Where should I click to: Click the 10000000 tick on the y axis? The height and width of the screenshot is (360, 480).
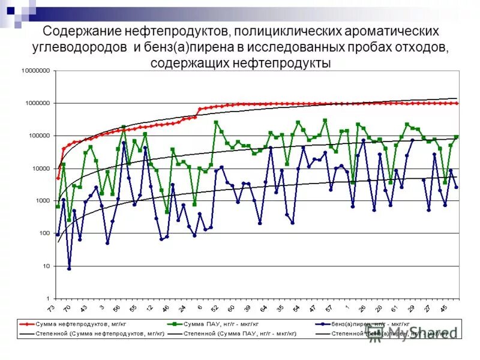[35, 71]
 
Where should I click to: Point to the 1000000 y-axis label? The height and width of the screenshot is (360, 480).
[37, 103]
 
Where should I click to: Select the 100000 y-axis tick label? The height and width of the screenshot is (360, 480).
[39, 136]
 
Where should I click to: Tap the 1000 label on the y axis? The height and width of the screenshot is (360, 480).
[43, 201]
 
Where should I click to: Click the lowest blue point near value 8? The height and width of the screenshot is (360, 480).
[69, 269]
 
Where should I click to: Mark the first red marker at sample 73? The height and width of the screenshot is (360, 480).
[58, 178]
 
